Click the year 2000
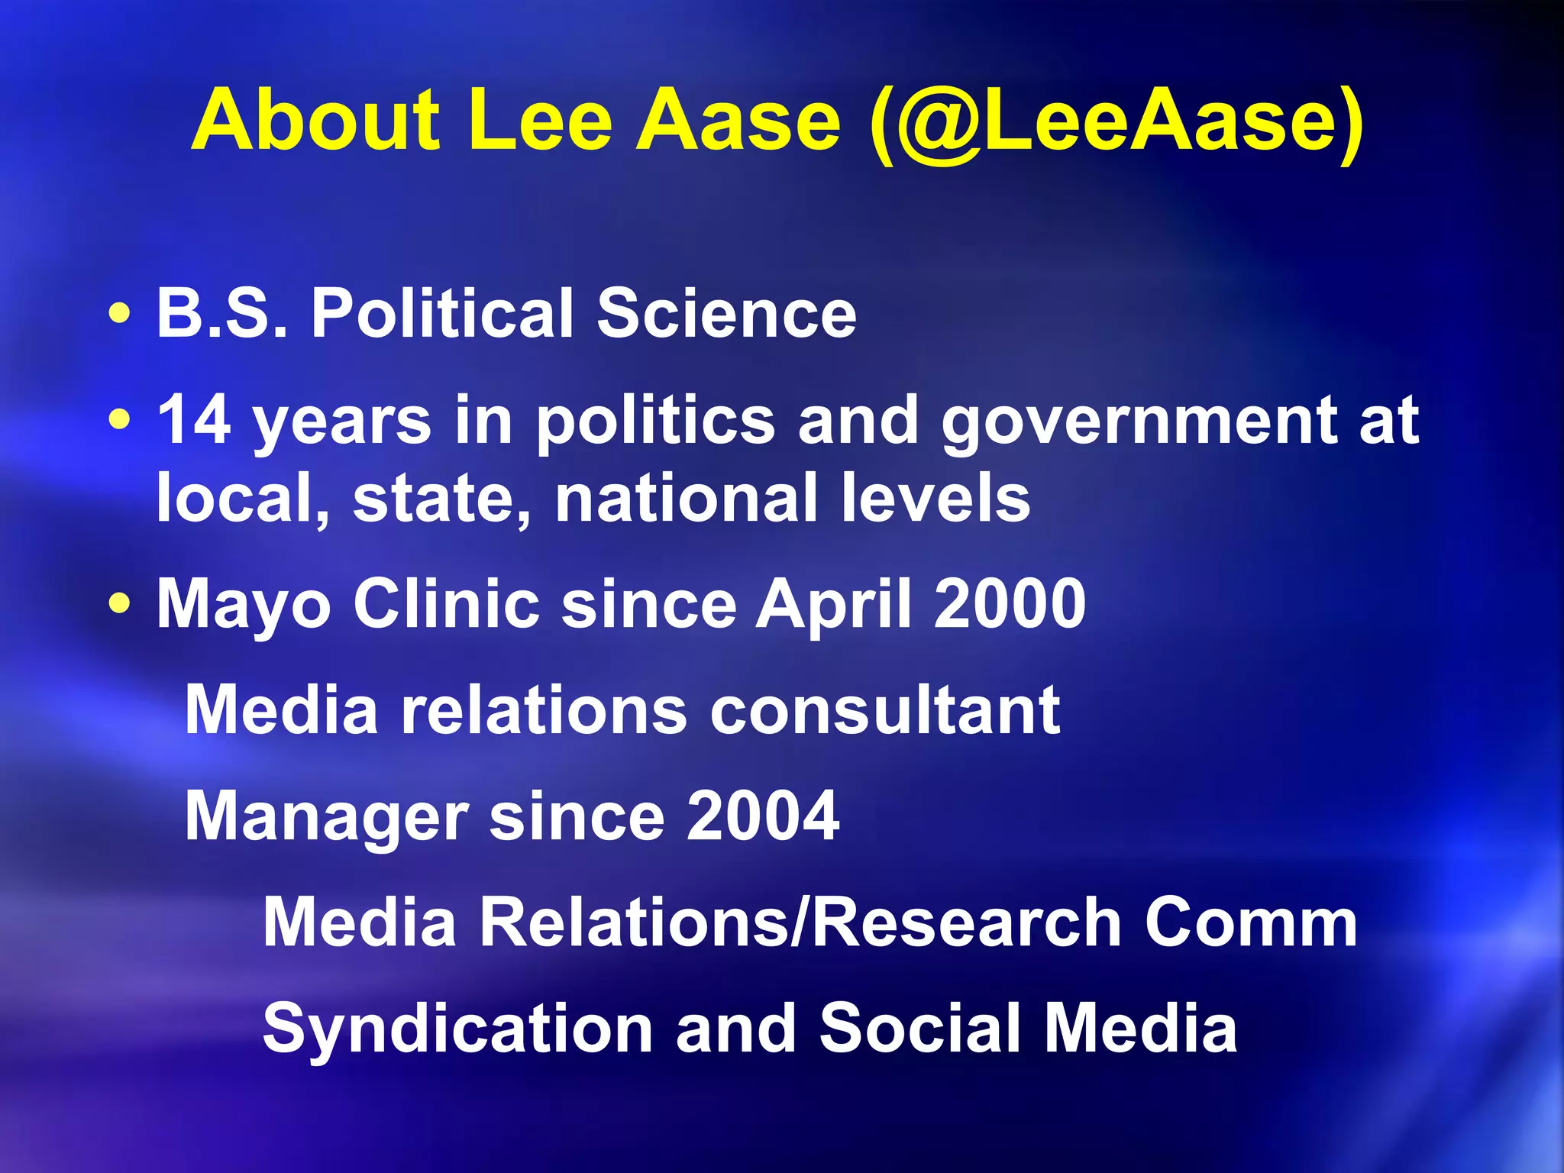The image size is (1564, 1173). [x=1010, y=604]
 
